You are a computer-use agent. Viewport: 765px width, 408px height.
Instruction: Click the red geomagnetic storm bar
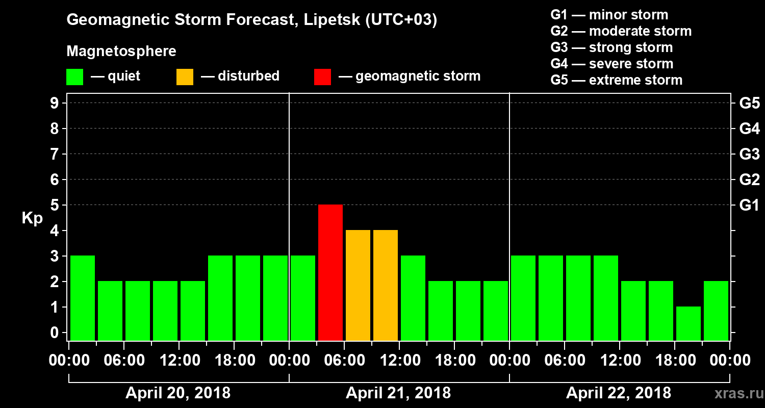click(x=330, y=272)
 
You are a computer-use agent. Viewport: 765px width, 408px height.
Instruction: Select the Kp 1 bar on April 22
click(x=688, y=323)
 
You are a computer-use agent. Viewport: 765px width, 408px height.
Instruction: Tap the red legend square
click(x=322, y=76)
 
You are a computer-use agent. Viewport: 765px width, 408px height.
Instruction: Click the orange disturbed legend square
click(x=185, y=76)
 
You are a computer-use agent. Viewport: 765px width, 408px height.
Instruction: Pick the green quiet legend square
click(x=74, y=76)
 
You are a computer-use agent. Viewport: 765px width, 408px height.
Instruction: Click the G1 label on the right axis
click(x=749, y=205)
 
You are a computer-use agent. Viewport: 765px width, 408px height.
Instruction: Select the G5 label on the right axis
click(x=749, y=103)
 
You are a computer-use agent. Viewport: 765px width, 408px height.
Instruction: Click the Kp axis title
click(x=32, y=218)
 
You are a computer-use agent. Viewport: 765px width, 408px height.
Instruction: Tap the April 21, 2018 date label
click(x=398, y=393)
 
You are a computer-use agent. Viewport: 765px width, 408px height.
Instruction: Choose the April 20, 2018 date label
click(x=178, y=393)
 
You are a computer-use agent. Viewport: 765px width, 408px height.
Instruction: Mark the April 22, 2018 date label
click(x=619, y=393)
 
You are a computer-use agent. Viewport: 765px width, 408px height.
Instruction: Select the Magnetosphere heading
click(x=121, y=52)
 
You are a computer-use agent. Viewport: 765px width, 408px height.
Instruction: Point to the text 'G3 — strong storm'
click(x=611, y=47)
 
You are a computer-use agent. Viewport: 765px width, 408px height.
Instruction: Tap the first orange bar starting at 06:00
click(x=358, y=285)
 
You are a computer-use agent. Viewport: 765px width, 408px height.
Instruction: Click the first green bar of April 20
click(x=83, y=298)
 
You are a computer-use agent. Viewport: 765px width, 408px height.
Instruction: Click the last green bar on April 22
click(x=716, y=311)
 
